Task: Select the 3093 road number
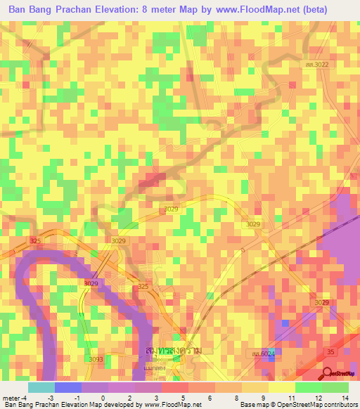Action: pyautogui.click(x=96, y=359)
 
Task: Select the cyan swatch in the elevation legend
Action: pyautogui.click(x=41, y=387)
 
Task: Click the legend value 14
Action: pyautogui.click(x=345, y=398)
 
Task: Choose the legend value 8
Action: pyautogui.click(x=236, y=398)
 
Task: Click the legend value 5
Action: pyautogui.click(x=183, y=398)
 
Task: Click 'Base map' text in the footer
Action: pyautogui.click(x=255, y=405)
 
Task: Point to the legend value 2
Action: pyautogui.click(x=129, y=398)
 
